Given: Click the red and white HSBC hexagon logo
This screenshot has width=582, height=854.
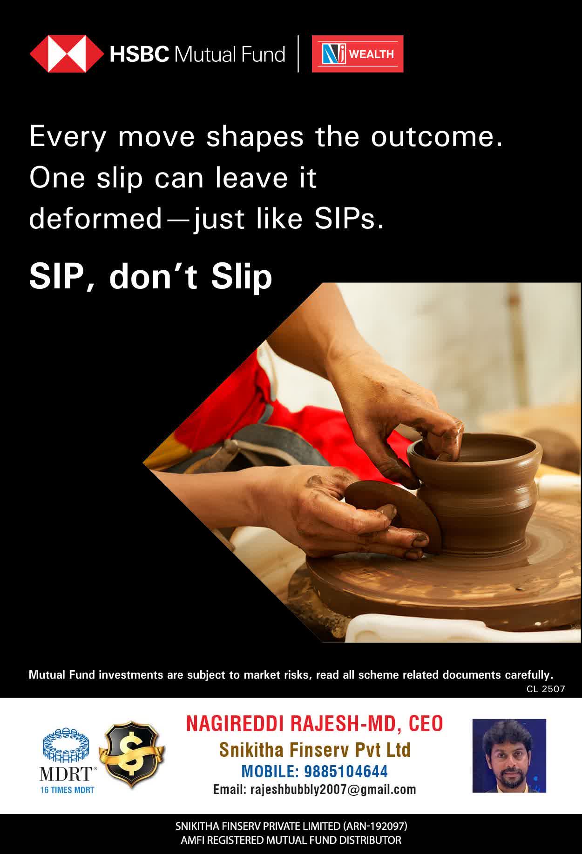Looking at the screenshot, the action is pos(67,54).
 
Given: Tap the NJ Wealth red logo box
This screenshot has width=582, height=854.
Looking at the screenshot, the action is pos(358,54).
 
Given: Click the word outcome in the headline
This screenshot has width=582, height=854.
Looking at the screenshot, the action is pos(437,137).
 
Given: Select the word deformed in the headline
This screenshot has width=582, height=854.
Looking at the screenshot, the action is pos(95,219).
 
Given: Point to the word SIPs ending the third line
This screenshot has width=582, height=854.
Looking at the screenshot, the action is pos(349,219).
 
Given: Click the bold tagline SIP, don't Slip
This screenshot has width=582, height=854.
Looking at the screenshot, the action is pos(150,277).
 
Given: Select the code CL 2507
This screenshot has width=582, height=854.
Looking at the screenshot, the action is pos(546,689).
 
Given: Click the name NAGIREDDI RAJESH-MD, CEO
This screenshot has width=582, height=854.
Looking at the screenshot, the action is pos(315,724).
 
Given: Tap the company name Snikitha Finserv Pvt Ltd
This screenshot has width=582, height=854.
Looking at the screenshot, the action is pos(315,750).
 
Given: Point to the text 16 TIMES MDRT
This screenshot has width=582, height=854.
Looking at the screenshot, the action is pos(68,790).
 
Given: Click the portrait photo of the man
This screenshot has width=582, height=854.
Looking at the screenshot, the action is pos(509,755).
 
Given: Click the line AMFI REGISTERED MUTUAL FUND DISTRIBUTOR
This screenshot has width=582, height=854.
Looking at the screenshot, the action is pos(291,840).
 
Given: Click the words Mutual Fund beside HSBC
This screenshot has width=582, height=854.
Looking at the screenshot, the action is pos(230,54).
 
